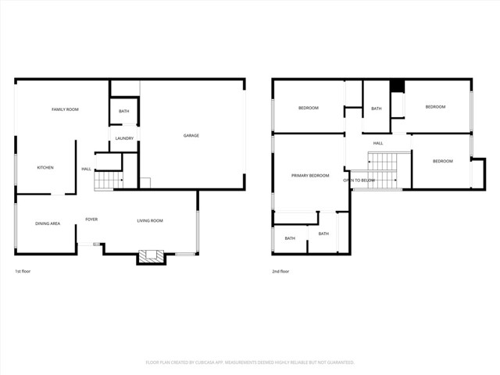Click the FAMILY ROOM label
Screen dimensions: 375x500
(x=65, y=109)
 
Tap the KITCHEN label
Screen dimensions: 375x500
(x=45, y=167)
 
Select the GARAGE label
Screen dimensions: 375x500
(x=191, y=135)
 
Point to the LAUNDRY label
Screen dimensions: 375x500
(x=124, y=138)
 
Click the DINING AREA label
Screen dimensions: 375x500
(x=48, y=223)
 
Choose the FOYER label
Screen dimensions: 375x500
(x=91, y=220)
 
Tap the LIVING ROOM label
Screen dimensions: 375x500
(x=150, y=221)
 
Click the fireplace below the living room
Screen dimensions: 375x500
(x=152, y=255)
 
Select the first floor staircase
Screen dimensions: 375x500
(x=109, y=181)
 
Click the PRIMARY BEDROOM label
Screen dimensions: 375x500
(x=310, y=176)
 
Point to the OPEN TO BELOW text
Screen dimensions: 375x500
(x=359, y=180)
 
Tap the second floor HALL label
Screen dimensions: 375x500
(x=378, y=143)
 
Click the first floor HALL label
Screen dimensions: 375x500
(x=86, y=169)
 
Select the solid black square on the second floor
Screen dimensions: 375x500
(x=397, y=86)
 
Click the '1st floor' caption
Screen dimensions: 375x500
(x=23, y=271)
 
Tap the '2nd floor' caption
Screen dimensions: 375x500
(x=280, y=271)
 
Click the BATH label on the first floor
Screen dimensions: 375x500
(x=124, y=112)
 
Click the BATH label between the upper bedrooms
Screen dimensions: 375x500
(x=377, y=109)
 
